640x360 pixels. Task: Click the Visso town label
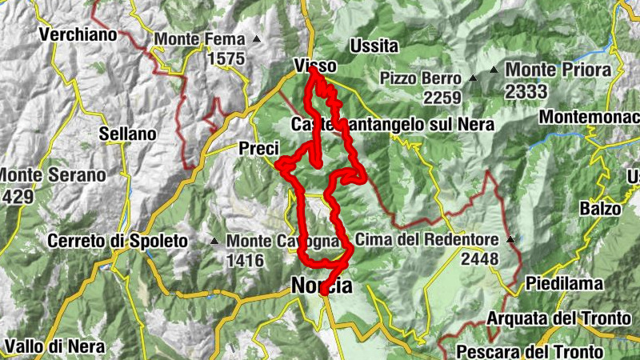pyautogui.click(x=314, y=66)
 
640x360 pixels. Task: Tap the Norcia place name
pyautogui.click(x=321, y=286)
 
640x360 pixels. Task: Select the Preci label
pyautogui.click(x=258, y=148)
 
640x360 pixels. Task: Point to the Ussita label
pyautogui.click(x=374, y=46)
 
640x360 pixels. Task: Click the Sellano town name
pyautogui.click(x=127, y=134)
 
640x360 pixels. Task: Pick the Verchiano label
pyautogui.click(x=78, y=34)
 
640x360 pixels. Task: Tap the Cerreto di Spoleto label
pyautogui.click(x=117, y=240)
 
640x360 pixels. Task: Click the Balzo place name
pyautogui.click(x=602, y=209)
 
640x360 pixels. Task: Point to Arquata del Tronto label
pyautogui.click(x=558, y=318)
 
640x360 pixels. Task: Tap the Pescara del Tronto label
pyautogui.click(x=530, y=351)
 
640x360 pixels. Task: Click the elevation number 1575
pyautogui.click(x=226, y=58)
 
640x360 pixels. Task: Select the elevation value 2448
pyautogui.click(x=479, y=258)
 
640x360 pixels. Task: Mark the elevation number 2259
pyautogui.click(x=443, y=98)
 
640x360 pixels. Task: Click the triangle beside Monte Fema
pyautogui.click(x=257, y=38)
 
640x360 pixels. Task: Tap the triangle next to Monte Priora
pyautogui.click(x=494, y=70)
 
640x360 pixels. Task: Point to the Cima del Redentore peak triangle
pyautogui.click(x=510, y=238)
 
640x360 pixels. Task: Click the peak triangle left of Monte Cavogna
pyautogui.click(x=214, y=241)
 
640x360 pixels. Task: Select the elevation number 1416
pyautogui.click(x=245, y=259)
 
